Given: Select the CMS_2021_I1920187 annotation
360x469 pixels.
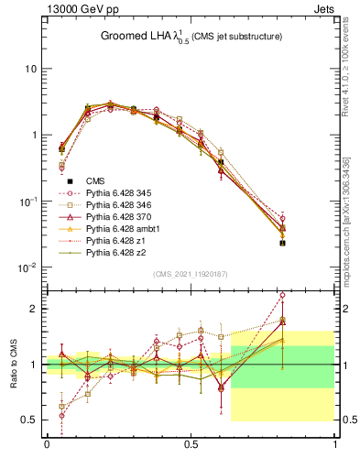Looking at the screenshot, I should coord(190,274).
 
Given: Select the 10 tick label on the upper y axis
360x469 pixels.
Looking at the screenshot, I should coord(28,69).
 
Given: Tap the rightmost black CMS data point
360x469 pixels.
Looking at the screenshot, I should coord(282,243).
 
